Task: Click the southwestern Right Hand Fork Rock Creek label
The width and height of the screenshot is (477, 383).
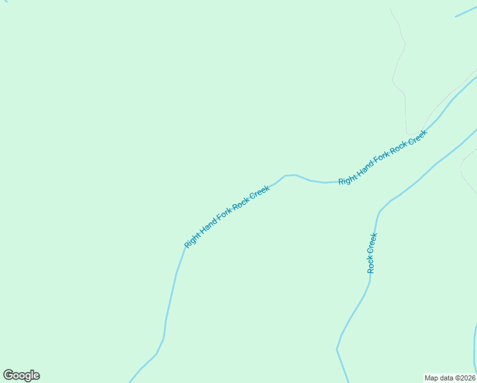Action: [x=227, y=216]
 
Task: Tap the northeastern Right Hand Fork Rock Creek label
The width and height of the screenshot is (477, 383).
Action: [x=382, y=157]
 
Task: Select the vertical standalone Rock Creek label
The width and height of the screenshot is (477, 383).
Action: [x=372, y=253]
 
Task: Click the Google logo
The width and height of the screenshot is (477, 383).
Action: [x=22, y=375]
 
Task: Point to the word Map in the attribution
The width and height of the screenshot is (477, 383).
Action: [x=432, y=377]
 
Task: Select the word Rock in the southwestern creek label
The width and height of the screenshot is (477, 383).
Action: [x=241, y=206]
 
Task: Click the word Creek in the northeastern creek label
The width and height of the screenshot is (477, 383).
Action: [x=416, y=138]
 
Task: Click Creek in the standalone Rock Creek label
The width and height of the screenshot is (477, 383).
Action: [x=373, y=243]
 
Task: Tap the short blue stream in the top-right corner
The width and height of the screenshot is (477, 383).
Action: [x=466, y=11]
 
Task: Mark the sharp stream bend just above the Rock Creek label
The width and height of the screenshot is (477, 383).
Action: [x=380, y=211]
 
